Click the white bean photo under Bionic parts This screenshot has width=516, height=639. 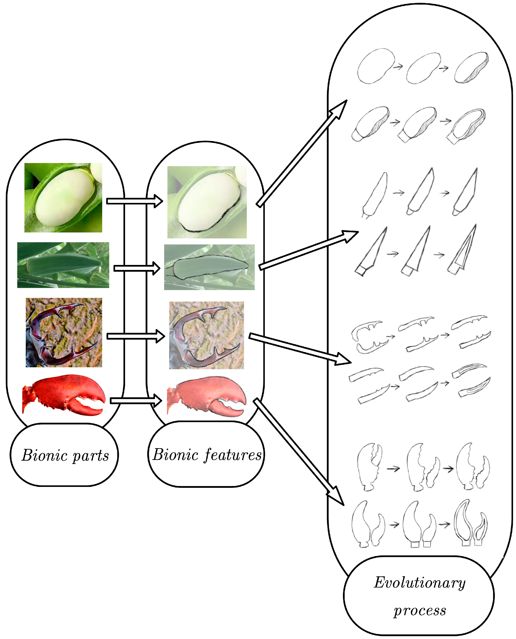(63, 198)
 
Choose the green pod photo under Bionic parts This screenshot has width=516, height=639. (63, 265)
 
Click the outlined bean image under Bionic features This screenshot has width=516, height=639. (207, 202)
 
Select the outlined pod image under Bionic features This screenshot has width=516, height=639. (209, 267)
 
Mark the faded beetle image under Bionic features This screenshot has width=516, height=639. (206, 335)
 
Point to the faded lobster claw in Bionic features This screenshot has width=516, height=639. (206, 397)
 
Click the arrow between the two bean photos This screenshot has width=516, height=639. (134, 201)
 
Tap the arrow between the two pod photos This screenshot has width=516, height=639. (137, 268)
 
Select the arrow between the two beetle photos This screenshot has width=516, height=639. (136, 336)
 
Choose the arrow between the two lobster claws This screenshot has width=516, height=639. (136, 401)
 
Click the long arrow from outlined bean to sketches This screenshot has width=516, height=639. (302, 153)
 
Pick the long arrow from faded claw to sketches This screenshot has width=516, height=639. (299, 452)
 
